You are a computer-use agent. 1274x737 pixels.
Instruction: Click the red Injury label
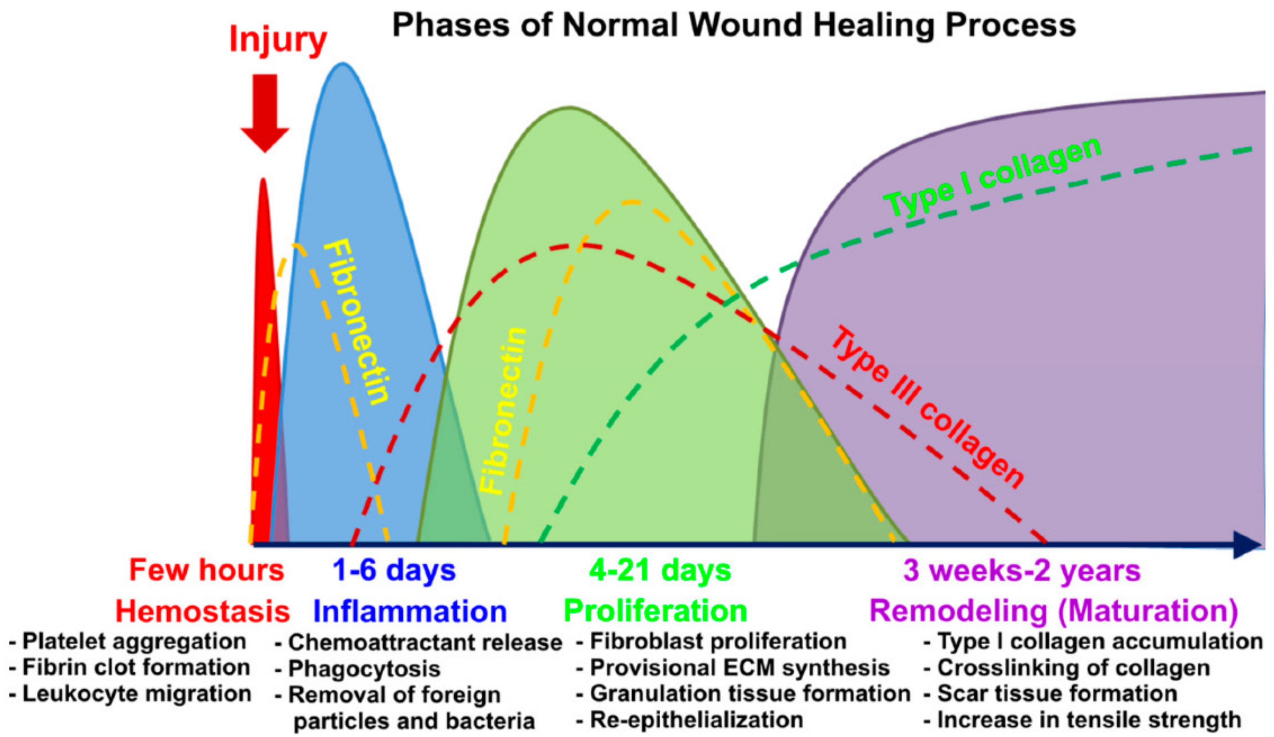click(x=278, y=39)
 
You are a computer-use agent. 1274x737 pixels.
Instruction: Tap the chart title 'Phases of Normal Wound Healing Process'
click(x=734, y=25)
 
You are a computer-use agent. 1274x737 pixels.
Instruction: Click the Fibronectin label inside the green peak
click(x=502, y=410)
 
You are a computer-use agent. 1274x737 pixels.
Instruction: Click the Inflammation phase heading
click(x=410, y=611)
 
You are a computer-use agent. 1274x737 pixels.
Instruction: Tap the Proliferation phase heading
click(x=655, y=611)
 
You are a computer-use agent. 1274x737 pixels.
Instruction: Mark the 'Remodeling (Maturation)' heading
click(x=1054, y=611)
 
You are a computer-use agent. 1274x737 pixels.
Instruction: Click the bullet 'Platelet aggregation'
click(x=134, y=641)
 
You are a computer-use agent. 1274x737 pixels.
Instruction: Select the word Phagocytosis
click(x=364, y=669)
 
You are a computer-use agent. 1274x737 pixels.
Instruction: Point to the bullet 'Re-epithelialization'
click(x=696, y=720)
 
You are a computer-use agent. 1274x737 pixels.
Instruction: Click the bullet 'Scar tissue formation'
click(x=1057, y=694)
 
